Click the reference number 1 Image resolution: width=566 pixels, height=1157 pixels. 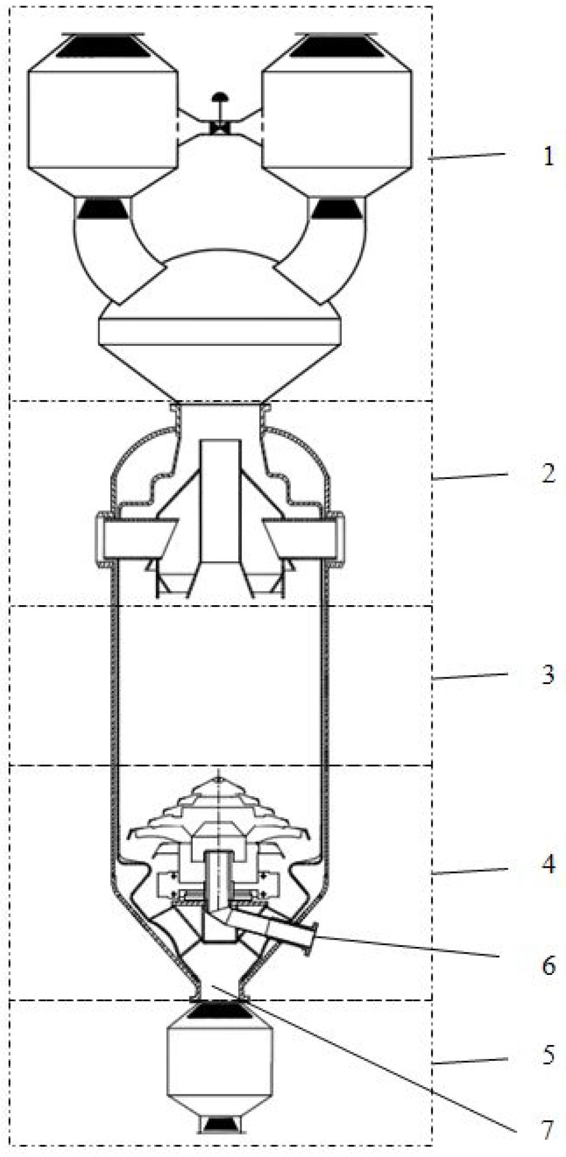pyautogui.click(x=549, y=156)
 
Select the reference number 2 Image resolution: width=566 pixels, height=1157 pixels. pyautogui.click(x=549, y=473)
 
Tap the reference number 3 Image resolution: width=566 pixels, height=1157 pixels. pyautogui.click(x=549, y=675)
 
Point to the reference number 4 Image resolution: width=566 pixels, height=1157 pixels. pyautogui.click(x=549, y=865)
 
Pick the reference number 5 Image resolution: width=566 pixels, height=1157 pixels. pyautogui.click(x=549, y=1055)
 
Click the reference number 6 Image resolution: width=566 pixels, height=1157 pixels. pyautogui.click(x=549, y=965)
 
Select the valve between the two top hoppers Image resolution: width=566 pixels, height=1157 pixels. pyautogui.click(x=219, y=120)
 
